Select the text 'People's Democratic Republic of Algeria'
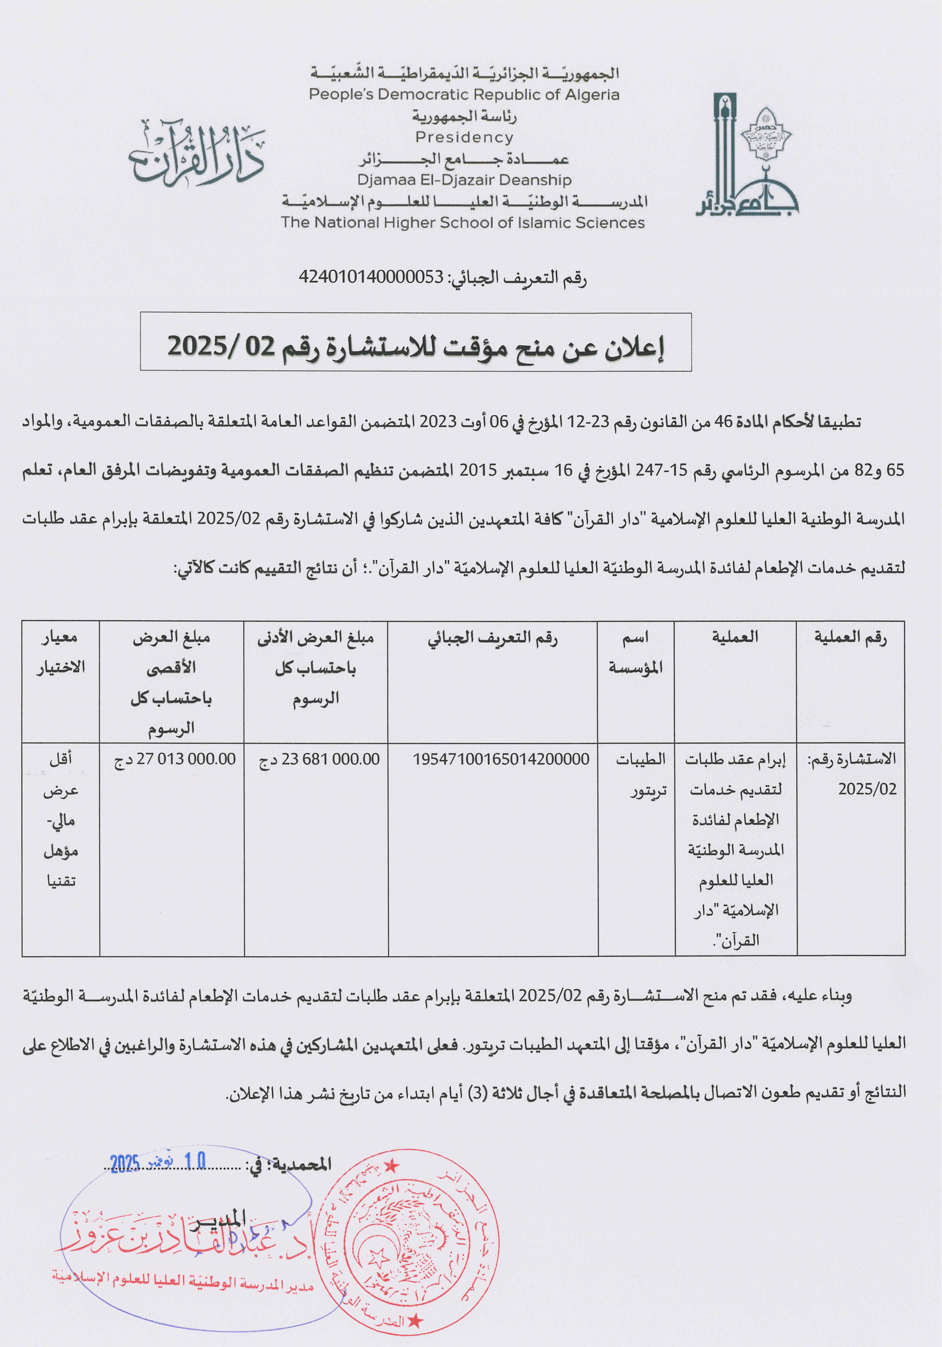pos(464,95)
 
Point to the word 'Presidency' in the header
pos(464,137)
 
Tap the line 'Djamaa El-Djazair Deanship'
pos(464,180)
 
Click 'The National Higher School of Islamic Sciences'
pos(462,223)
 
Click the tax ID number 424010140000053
pos(371,277)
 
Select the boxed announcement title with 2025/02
pos(416,346)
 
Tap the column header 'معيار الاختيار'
pos(61,652)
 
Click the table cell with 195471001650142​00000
pos(500,759)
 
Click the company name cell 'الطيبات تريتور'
pos(641,775)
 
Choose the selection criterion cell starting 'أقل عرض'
pos(61,819)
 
